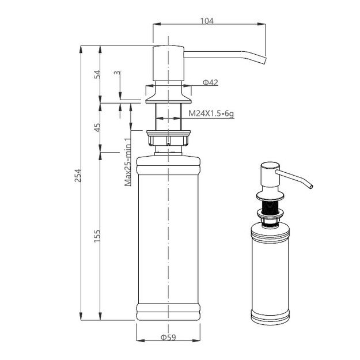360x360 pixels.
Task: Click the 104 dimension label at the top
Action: [207, 21]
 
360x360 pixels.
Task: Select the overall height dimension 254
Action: [78, 176]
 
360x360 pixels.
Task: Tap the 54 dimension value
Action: [97, 74]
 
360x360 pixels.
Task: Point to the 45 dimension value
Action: [97, 127]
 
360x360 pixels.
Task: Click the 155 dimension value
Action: [97, 236]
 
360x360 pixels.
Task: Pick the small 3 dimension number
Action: [117, 73]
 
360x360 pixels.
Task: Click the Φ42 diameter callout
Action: [210, 82]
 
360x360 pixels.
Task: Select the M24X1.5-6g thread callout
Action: [211, 113]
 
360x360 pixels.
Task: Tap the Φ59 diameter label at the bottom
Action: [168, 338]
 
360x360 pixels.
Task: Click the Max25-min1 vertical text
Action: [128, 162]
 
